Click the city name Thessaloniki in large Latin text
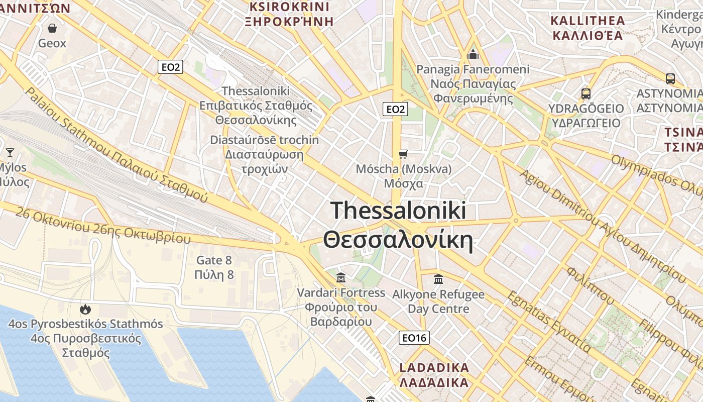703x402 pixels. click(x=398, y=210)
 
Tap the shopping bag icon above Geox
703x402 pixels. click(x=52, y=28)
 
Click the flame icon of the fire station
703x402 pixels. click(x=85, y=309)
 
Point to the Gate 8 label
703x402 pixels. click(x=214, y=260)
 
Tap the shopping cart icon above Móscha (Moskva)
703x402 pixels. click(x=403, y=154)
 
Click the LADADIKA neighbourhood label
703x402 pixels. click(x=434, y=367)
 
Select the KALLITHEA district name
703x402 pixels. click(x=588, y=21)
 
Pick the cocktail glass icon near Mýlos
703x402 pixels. click(x=10, y=152)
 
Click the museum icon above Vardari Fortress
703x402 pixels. click(x=341, y=277)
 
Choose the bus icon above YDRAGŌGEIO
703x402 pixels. click(x=585, y=93)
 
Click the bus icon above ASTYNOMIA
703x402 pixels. click(x=670, y=79)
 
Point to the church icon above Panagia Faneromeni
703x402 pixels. click(x=473, y=54)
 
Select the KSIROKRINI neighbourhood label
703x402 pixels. click(x=289, y=7)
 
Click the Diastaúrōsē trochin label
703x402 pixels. click(x=264, y=140)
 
